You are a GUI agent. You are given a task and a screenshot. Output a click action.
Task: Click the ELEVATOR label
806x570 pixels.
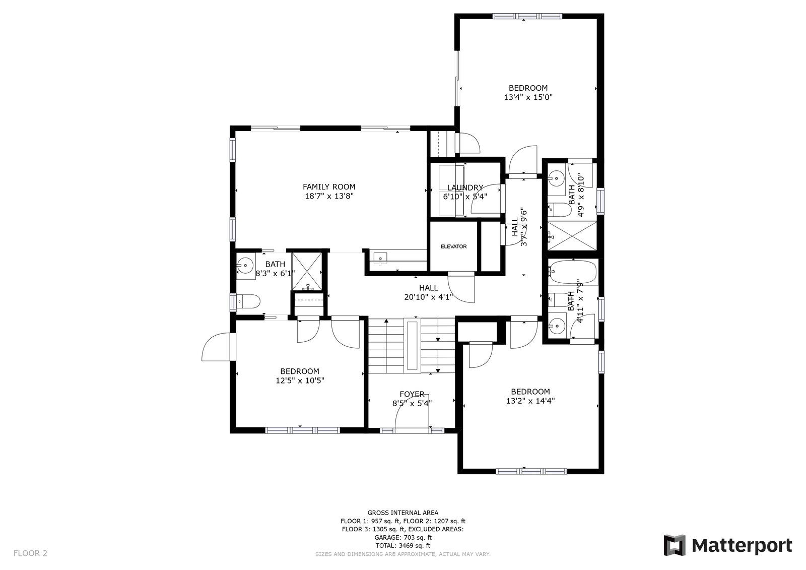coord(453,246)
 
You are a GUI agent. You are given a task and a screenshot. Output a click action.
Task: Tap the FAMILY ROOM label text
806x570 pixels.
coord(329,187)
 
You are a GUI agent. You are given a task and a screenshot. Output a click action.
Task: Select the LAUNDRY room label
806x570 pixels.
coord(465,187)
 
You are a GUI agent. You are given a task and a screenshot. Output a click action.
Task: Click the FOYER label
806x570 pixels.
coord(412,394)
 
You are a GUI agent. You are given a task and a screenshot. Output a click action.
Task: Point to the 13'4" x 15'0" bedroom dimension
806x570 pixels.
coord(528,97)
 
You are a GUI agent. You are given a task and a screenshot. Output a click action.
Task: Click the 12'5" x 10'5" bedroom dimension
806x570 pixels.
coord(300,381)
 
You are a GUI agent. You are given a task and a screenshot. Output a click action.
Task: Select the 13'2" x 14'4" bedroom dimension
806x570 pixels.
coord(530,401)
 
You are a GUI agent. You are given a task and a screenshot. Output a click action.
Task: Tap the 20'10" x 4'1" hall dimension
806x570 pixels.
coord(428,297)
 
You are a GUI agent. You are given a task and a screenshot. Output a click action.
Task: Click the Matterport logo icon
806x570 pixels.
coord(675,545)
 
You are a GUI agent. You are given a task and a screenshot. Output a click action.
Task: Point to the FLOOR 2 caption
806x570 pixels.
coord(30,553)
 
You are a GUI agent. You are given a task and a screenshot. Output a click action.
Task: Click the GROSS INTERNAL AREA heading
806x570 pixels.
coord(402,513)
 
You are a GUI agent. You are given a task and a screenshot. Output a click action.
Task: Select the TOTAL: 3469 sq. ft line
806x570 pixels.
coord(402,545)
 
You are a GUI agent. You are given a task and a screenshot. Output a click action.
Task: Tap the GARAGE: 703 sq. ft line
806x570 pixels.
coord(402,538)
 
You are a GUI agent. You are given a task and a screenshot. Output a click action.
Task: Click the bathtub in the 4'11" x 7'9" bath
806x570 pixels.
coord(572,272)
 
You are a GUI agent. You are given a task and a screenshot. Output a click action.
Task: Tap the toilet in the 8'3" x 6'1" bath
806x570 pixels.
coord(248,301)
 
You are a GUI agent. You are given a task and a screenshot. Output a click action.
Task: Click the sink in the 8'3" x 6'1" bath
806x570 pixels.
coord(246,266)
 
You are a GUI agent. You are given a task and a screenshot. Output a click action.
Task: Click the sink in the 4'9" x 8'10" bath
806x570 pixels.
coord(557,178)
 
